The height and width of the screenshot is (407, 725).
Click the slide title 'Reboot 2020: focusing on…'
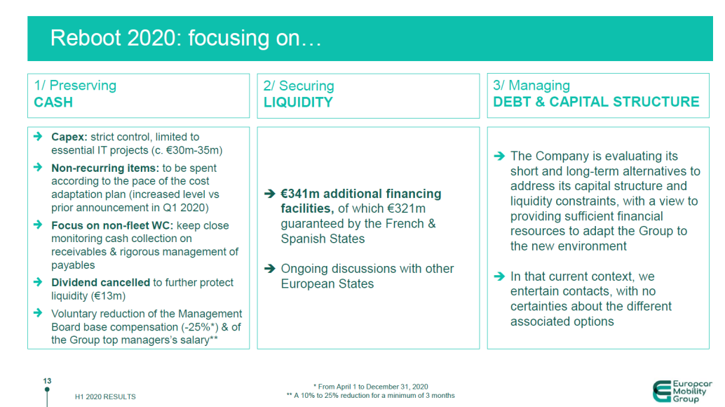point(186,39)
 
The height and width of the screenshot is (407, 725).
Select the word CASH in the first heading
point(53,102)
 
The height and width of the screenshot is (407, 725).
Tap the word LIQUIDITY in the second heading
point(298,102)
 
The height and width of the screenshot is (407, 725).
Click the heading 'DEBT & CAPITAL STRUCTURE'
point(596,102)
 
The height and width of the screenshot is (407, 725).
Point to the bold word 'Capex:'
point(69,137)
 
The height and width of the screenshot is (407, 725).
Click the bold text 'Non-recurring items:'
point(105,168)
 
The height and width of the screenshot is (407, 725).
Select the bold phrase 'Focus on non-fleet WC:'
point(111,225)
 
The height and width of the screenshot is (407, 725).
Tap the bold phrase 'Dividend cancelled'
point(100,282)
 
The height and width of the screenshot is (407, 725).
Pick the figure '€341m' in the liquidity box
point(301,194)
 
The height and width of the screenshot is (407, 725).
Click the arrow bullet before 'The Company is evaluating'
point(499,156)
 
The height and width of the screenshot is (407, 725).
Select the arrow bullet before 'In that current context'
point(499,276)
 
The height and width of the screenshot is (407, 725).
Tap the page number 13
point(47,381)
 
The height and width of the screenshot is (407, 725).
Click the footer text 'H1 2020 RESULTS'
point(105,396)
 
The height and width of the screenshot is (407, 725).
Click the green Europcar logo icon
point(661,391)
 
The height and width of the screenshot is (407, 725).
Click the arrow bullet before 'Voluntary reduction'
point(38,314)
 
